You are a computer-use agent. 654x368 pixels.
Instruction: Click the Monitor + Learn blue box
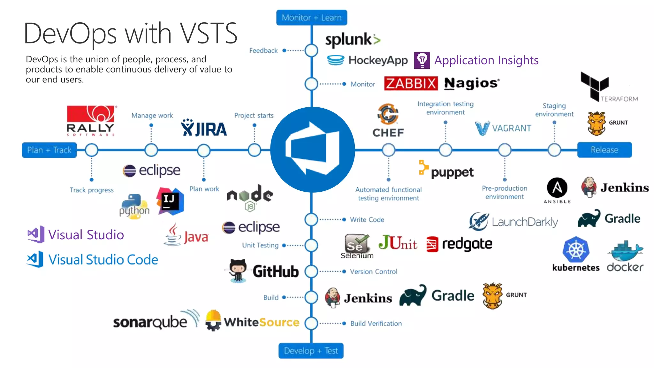pos(311,18)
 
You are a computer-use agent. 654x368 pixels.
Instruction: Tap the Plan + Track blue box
pos(49,150)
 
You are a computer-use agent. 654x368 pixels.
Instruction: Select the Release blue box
pos(604,150)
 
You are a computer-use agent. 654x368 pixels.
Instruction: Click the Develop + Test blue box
pos(311,351)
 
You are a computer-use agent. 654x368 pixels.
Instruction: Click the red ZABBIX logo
pos(411,83)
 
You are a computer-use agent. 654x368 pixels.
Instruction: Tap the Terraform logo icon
pos(595,85)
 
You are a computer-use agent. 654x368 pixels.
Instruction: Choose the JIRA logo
pos(204,128)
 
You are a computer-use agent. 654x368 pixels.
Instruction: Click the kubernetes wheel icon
pos(576,249)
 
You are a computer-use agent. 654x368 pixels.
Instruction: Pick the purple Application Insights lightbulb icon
pos(422,60)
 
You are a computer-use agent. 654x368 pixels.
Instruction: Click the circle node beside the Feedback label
pos(311,50)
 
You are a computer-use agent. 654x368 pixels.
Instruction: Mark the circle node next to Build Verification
pos(311,323)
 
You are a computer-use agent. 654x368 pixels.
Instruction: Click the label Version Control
pos(373,272)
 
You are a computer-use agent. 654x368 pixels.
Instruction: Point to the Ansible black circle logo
pos(557,188)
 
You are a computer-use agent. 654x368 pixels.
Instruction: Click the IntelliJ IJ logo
pos(170,201)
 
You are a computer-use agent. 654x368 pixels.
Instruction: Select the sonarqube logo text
pos(150,322)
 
